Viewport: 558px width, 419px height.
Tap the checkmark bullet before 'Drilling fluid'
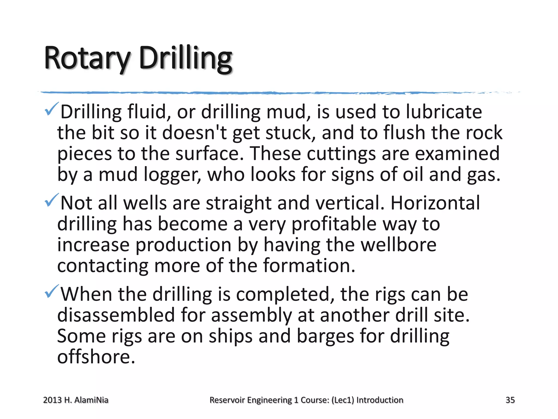coord(51,109)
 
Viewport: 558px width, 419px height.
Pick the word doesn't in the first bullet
coord(195,133)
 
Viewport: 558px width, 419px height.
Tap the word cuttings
coord(341,154)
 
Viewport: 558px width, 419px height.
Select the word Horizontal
coord(435,203)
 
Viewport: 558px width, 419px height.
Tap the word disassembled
coord(116,315)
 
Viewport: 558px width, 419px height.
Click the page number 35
coord(510,400)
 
